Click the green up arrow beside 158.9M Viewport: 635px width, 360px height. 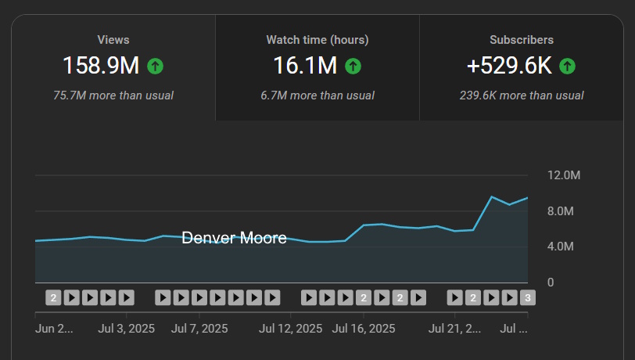155,67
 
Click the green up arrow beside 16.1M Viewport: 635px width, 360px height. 353,67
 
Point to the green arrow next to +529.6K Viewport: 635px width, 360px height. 568,67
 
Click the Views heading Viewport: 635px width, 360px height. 113,39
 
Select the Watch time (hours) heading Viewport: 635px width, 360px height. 317,39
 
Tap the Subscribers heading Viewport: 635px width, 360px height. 522,39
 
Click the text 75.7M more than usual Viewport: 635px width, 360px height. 113,95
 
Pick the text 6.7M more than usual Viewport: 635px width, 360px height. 317,95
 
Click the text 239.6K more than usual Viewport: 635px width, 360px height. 522,95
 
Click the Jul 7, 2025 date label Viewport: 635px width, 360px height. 199,329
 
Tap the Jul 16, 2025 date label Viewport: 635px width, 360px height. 364,329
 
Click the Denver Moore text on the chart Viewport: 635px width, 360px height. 234,238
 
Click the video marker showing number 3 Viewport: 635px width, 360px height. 528,297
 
